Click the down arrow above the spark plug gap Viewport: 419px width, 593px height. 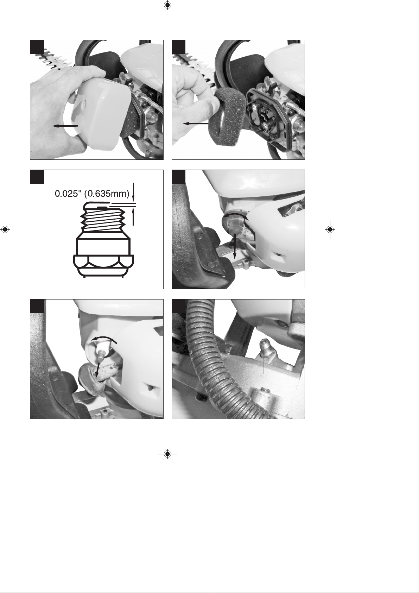tap(133, 193)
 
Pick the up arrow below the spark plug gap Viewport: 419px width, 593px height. tap(133, 216)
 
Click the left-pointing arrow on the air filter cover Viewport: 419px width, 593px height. tap(65, 126)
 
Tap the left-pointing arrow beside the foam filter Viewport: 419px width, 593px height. tap(196, 124)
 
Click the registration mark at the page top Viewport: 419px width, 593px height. tap(167, 5)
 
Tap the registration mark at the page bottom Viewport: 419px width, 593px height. tap(167, 454)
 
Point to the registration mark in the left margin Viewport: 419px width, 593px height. tap(5, 229)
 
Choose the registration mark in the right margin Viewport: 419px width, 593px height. tap(330, 229)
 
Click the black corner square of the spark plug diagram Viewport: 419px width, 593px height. tap(37, 177)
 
